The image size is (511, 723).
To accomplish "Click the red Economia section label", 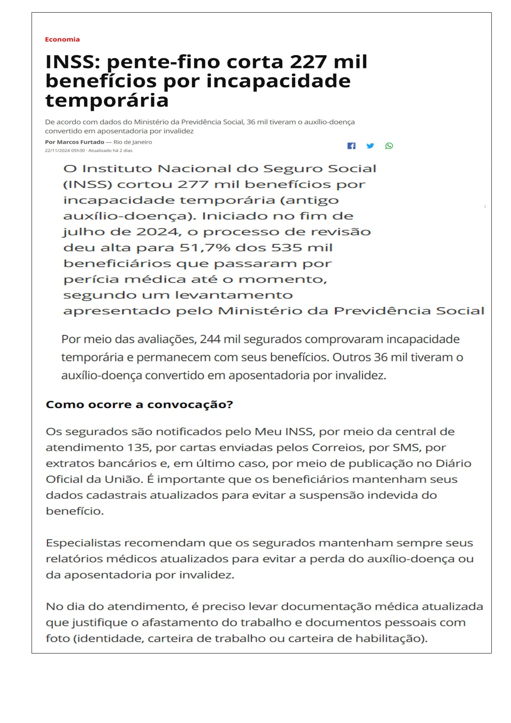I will [x=62, y=40].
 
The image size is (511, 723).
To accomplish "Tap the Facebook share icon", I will [x=351, y=146].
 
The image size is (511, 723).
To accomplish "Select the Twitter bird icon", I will [x=370, y=146].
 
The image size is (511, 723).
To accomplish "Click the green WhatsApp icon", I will [x=389, y=146].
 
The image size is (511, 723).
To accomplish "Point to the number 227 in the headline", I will [x=308, y=62].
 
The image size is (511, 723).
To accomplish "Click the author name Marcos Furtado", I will [x=80, y=142].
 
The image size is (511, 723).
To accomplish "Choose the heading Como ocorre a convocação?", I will [x=139, y=405].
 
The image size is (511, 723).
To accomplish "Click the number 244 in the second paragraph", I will [x=210, y=339].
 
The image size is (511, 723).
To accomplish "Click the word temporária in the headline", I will [x=107, y=100].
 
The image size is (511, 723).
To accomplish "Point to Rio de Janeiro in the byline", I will [x=133, y=142].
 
